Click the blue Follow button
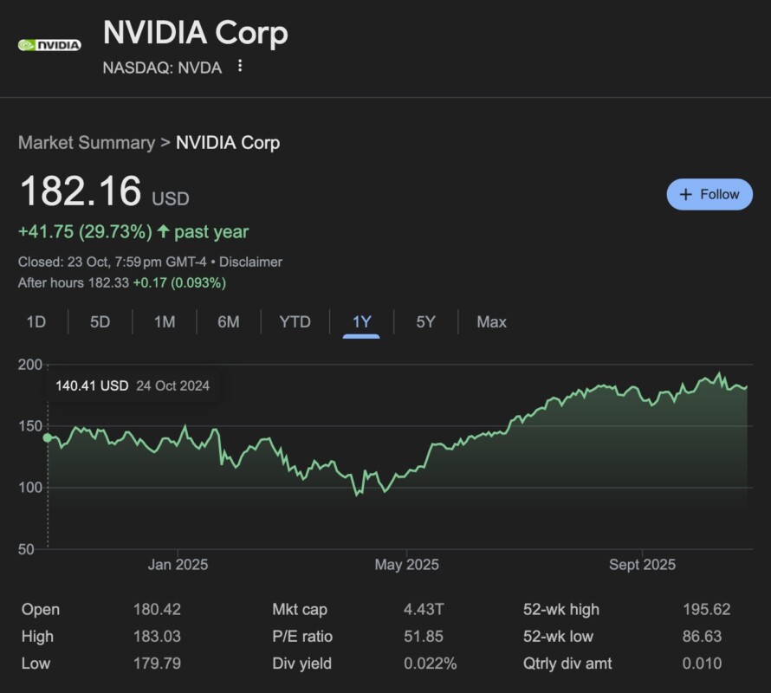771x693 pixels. (x=709, y=194)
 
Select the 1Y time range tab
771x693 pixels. (x=361, y=322)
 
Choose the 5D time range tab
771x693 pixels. (x=100, y=322)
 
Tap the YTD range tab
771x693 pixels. (x=295, y=322)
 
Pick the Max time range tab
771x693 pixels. (x=491, y=322)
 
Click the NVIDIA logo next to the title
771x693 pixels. (x=49, y=45)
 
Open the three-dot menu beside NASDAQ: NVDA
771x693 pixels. (x=240, y=66)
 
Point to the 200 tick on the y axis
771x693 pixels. (x=29, y=365)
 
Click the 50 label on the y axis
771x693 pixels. (x=29, y=549)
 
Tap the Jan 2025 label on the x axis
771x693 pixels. (x=178, y=565)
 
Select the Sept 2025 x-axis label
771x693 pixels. (x=642, y=565)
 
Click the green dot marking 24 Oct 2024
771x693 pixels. (x=47, y=437)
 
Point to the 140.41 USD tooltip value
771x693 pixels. (x=92, y=385)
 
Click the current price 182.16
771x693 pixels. (x=80, y=191)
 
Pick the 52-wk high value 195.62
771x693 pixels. (x=705, y=610)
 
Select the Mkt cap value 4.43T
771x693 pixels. (x=423, y=610)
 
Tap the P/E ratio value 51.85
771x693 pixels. (x=423, y=637)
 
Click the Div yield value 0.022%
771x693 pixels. (x=430, y=664)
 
